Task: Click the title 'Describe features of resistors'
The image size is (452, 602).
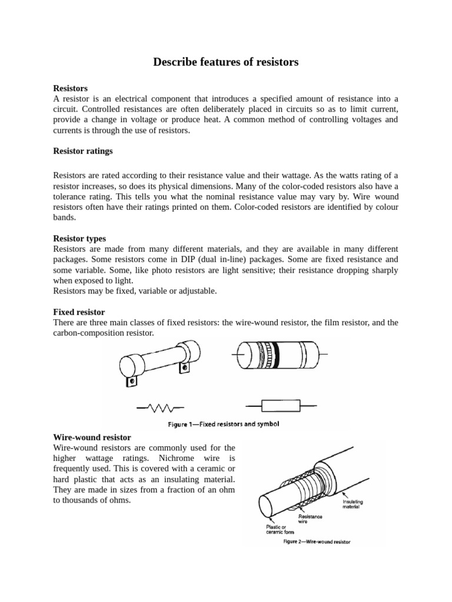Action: pos(226,62)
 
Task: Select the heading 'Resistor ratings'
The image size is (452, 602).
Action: pos(82,151)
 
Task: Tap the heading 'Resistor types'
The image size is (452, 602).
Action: pos(79,239)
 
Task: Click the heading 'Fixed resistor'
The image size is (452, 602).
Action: pos(79,312)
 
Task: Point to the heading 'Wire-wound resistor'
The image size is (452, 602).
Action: pos(92,438)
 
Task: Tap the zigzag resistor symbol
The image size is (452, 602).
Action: pos(161,406)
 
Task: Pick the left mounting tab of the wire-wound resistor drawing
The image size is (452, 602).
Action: pos(131,382)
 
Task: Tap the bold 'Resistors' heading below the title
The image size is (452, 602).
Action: pos(70,88)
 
